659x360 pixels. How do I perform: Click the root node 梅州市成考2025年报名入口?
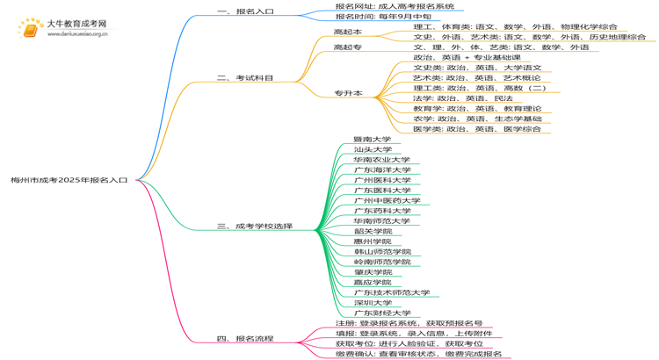coord(69,179)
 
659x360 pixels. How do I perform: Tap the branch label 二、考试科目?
coord(245,78)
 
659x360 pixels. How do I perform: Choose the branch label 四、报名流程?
coord(245,338)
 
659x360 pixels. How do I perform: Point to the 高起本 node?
coord(348,32)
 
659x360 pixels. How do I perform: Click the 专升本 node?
coord(348,93)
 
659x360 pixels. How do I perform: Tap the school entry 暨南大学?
coord(372,139)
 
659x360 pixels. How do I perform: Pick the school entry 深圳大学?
coord(372,302)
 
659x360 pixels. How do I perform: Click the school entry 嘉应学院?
coord(372,282)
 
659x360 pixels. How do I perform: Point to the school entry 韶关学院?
coord(372,231)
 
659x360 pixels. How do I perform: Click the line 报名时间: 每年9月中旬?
coord(383,17)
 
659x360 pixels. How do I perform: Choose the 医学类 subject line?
coord(476,129)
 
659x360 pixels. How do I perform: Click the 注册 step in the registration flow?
coord(409,323)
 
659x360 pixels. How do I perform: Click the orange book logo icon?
coord(30,28)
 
